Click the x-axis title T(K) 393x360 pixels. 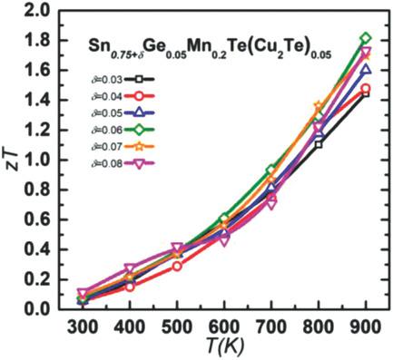(223, 347)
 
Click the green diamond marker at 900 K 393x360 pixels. (365, 38)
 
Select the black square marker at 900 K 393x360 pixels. (365, 93)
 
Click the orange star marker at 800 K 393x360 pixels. (318, 108)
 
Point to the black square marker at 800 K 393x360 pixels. (318, 144)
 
